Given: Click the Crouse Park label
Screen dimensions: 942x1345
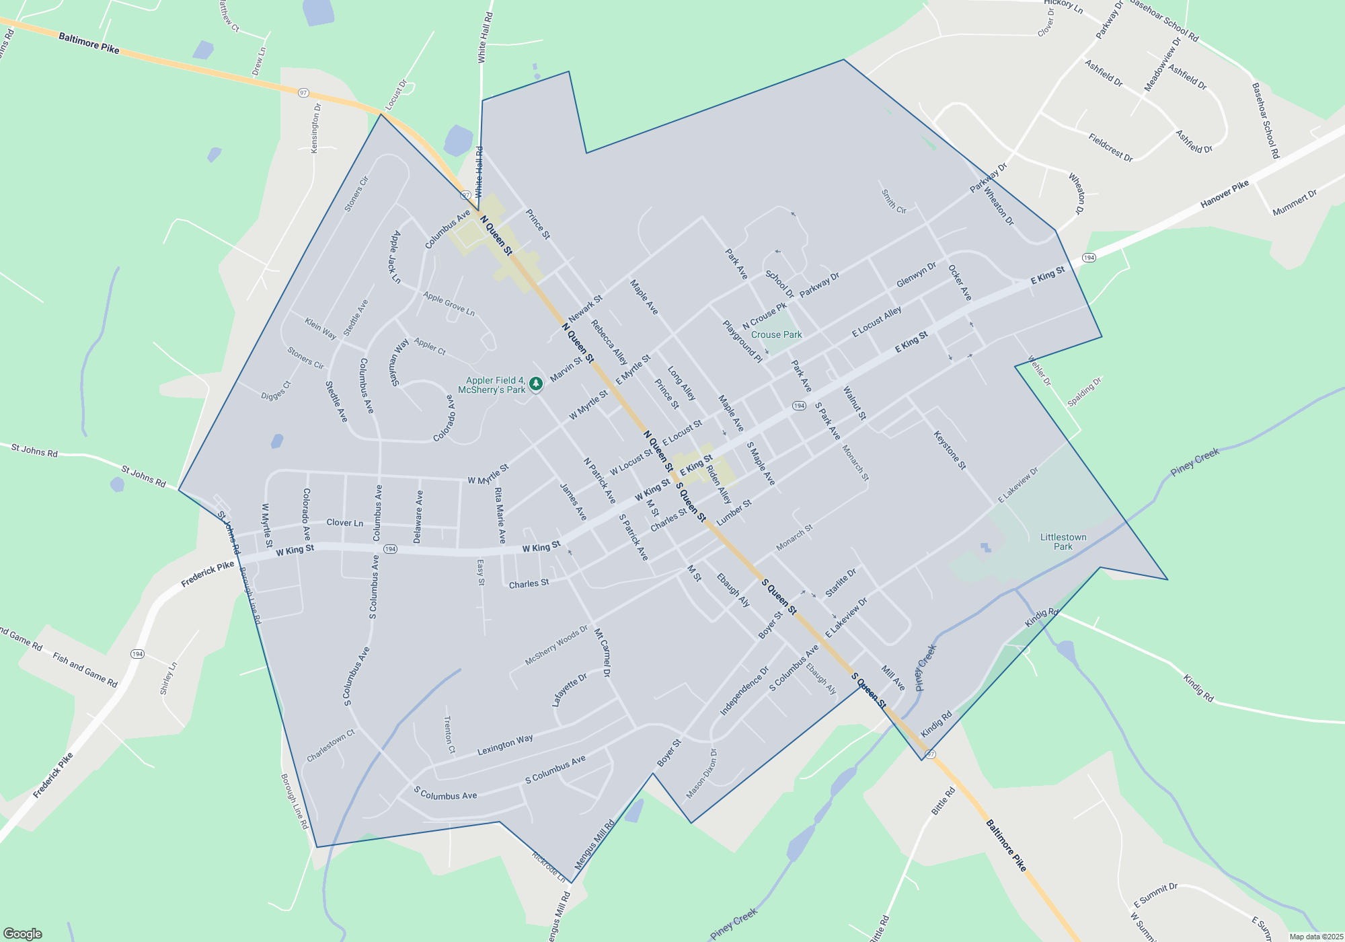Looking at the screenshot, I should point(776,334).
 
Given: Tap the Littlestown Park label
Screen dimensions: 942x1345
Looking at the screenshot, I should point(1063,542).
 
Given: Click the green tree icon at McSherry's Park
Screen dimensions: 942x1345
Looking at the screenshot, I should point(536,384).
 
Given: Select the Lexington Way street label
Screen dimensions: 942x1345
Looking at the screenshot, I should point(505,745).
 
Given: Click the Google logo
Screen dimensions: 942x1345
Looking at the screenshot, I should point(23,934).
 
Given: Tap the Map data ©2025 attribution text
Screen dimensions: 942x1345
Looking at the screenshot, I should point(1315,937).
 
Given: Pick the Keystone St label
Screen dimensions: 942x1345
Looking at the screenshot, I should point(950,450).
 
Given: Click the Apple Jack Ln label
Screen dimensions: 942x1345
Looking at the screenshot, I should point(395,256).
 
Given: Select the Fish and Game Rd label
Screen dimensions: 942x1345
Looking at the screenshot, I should point(85,670).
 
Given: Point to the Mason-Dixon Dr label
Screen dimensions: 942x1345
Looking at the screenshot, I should point(702,774).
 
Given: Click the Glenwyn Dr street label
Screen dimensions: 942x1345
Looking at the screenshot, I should point(916,275).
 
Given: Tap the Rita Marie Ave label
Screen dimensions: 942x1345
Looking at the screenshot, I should point(500,515).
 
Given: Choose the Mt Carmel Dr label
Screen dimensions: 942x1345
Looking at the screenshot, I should point(603,652).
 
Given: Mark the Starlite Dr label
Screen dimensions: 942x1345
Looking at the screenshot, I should point(841,583).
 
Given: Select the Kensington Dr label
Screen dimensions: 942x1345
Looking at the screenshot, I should point(315,128).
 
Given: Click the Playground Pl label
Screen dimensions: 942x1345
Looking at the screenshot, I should point(742,341).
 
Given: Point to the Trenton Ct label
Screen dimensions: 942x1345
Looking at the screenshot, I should point(449,734).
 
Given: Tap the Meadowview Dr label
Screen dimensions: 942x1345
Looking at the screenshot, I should point(1163,65).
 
